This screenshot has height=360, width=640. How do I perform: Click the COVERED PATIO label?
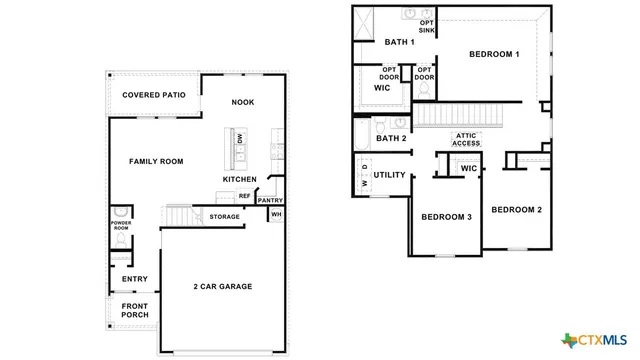point(153,95)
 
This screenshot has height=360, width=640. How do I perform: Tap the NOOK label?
point(242,102)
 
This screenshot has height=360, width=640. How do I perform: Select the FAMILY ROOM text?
point(156,161)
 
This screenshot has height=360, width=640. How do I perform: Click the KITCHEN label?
point(239,180)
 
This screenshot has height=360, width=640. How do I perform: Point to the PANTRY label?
point(270,200)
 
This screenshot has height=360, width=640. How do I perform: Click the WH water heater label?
point(276,215)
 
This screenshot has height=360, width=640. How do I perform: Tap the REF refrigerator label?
point(244,196)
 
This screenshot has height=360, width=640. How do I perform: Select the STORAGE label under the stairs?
point(224,216)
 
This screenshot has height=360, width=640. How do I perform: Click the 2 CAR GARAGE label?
point(222,287)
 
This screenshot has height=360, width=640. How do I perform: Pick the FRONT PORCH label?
point(135,310)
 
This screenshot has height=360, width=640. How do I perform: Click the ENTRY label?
point(135,279)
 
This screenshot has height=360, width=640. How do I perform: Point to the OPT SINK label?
point(427,26)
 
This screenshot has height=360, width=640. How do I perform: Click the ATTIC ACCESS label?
point(466,139)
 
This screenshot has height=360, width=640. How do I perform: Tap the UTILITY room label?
point(389,175)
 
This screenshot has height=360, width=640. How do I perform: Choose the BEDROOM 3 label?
point(446,217)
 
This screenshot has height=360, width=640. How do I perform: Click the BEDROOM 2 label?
point(516,209)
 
